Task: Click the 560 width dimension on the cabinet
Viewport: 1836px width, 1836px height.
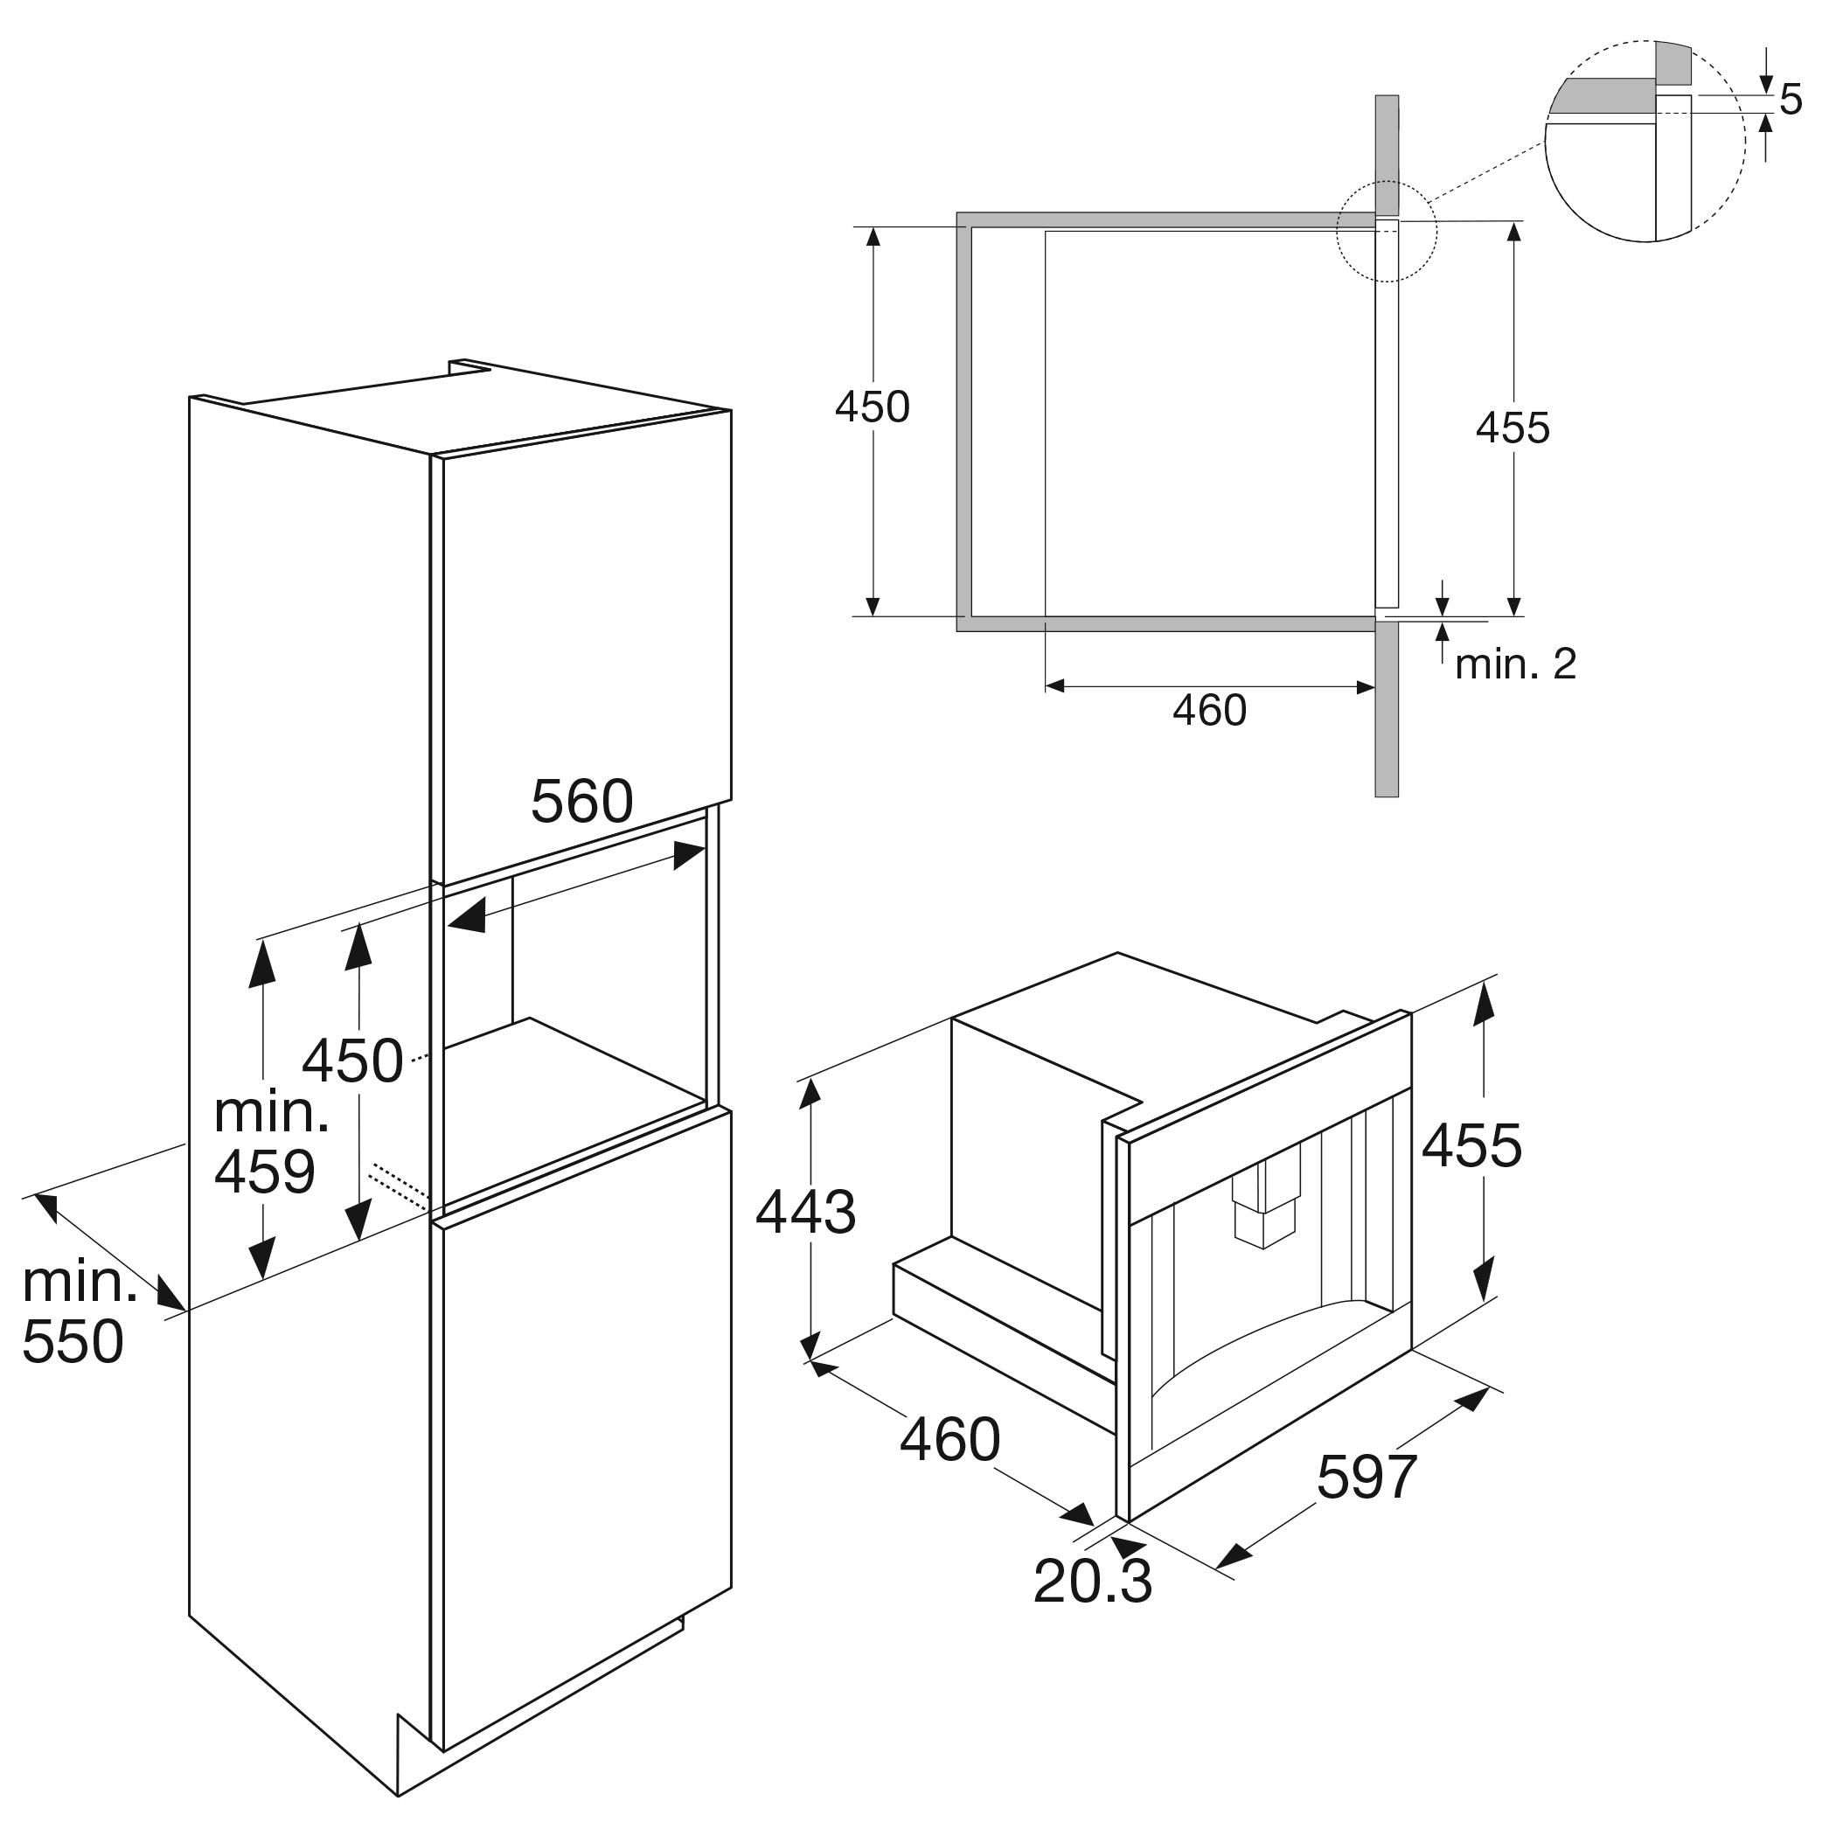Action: pos(581,801)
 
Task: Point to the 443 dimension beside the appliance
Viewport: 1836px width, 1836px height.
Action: pos(806,1213)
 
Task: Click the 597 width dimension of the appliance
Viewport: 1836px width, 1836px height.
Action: pos(1367,1476)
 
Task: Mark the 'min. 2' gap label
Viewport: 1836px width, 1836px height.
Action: pos(1516,664)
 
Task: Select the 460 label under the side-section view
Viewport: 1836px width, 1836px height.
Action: pos(1209,711)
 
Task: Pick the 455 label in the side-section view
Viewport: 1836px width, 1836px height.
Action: pos(1512,428)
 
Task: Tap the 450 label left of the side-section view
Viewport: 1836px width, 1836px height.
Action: pos(872,407)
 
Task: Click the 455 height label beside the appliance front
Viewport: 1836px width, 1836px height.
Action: pos(1471,1145)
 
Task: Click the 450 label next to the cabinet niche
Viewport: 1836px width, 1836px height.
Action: pos(351,1061)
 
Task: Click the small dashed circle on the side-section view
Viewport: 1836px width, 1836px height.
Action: pos(1387,233)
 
